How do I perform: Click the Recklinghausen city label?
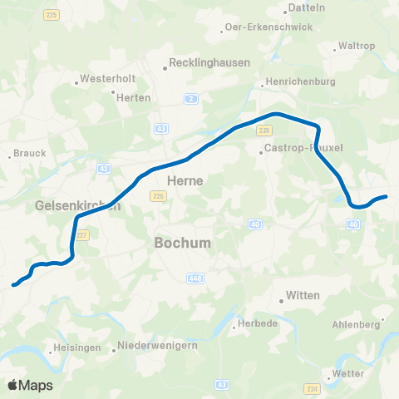coord(204,62)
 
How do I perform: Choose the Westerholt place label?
coord(101,81)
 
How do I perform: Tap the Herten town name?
coord(135,97)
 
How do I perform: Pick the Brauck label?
coord(32,154)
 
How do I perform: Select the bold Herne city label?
coord(185,180)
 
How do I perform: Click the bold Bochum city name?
coord(182,243)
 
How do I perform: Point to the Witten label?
coord(302,295)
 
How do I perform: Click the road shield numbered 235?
coord(264,131)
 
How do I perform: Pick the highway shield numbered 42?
coord(103,168)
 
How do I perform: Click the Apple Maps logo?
coord(31,385)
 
